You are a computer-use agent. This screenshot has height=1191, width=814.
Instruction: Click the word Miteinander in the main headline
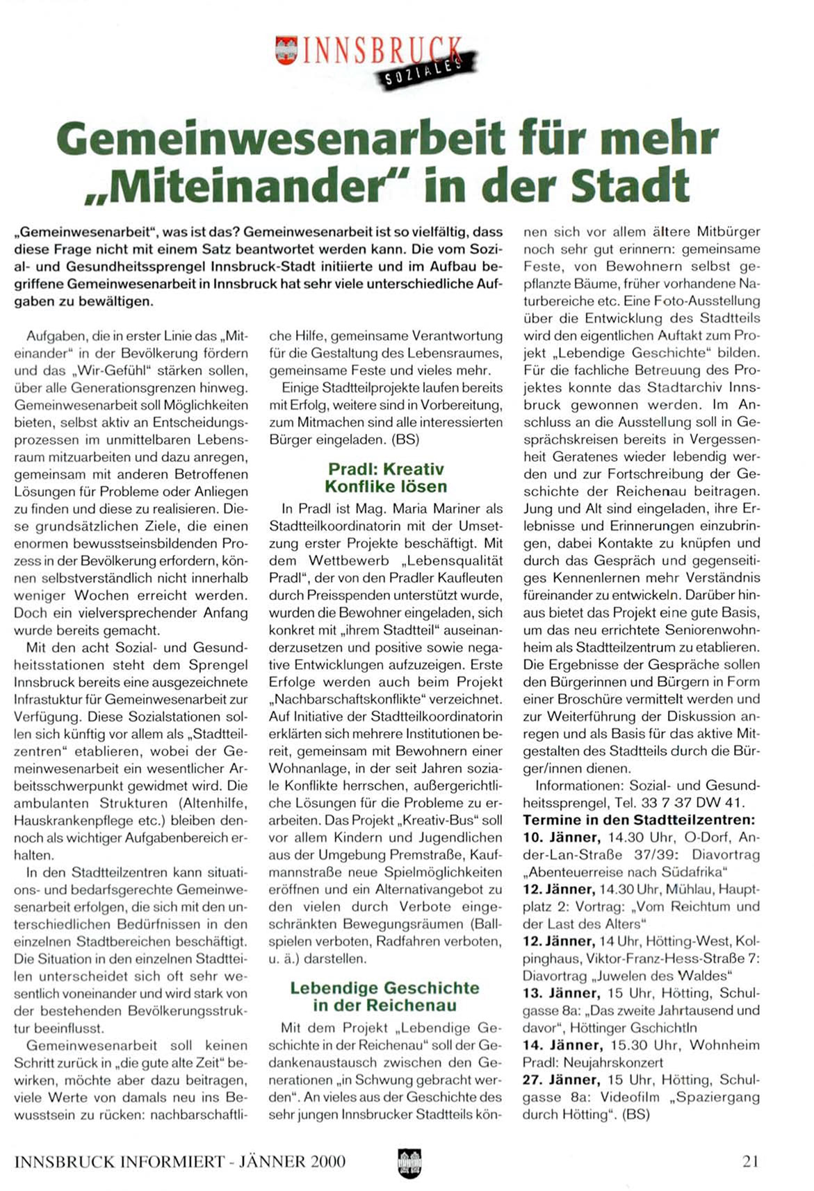point(257,185)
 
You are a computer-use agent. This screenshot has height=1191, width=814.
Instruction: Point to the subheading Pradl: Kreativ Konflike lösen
point(386,478)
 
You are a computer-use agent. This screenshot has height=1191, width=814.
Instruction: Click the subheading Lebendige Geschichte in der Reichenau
point(384,997)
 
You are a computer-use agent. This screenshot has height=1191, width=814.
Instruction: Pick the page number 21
point(750,1161)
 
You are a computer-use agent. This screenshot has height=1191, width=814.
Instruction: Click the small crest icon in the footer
point(410,1163)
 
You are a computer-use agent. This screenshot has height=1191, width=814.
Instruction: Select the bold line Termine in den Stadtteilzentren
point(639,820)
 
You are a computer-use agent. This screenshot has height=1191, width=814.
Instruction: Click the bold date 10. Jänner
point(562,838)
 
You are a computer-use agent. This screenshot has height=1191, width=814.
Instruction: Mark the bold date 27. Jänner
point(560,1080)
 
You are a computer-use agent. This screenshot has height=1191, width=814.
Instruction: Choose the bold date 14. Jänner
point(562,1045)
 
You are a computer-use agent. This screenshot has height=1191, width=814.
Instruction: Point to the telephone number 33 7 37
point(666,803)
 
